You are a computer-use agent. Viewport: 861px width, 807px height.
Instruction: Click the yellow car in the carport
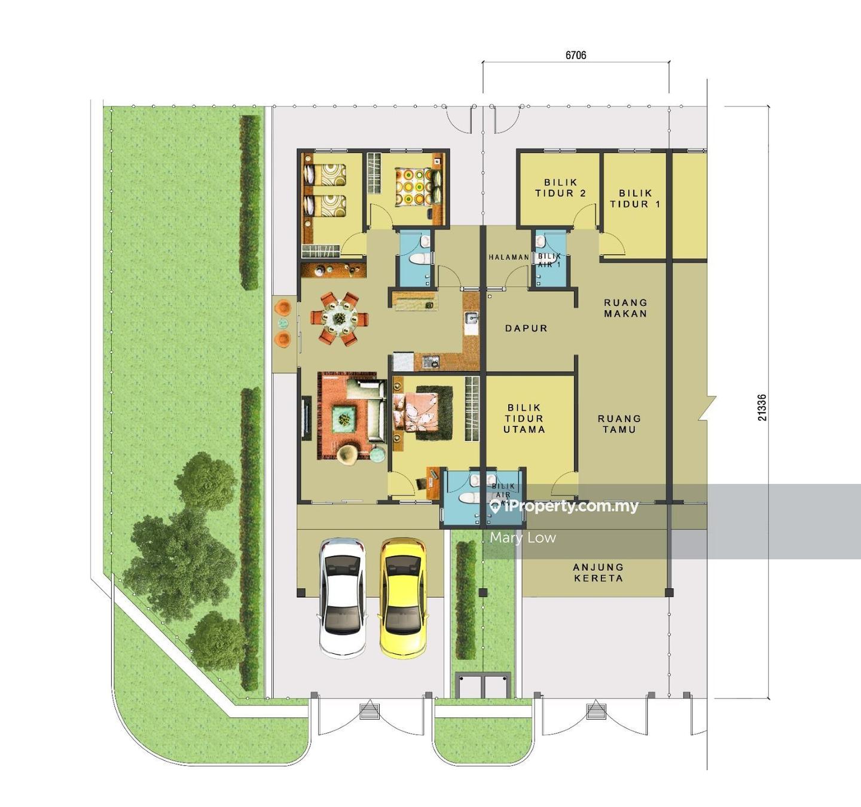click(403, 599)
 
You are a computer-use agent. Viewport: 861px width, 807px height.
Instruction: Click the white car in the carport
click(343, 599)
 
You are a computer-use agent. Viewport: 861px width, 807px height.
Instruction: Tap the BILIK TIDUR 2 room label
click(560, 188)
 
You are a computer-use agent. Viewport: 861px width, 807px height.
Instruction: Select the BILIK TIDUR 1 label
click(635, 198)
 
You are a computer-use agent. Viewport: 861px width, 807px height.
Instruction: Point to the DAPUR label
click(526, 328)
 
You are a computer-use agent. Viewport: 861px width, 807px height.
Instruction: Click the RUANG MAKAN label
click(625, 308)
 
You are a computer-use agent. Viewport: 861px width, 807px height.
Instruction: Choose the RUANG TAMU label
click(619, 424)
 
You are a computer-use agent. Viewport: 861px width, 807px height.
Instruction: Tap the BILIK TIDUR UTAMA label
click(524, 418)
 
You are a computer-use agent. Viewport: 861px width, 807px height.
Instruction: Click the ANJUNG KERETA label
click(599, 573)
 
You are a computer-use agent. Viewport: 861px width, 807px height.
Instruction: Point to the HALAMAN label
click(509, 257)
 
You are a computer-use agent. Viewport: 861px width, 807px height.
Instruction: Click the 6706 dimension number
click(576, 55)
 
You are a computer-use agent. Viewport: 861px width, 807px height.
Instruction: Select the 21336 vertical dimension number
click(762, 407)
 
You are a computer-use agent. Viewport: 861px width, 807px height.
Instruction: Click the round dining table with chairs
click(340, 319)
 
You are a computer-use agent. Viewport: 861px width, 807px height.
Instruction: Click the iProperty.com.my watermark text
click(564, 506)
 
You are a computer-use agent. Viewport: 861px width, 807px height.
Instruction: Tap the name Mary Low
click(523, 538)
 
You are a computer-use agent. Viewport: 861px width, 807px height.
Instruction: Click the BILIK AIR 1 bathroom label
click(549, 260)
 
